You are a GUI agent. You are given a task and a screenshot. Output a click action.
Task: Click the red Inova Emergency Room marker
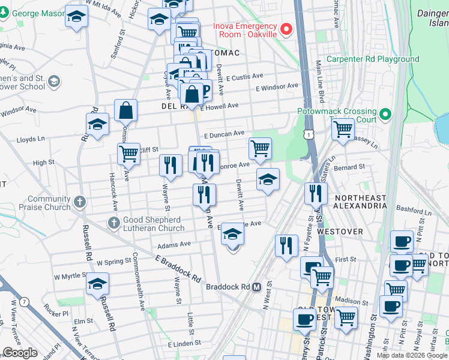pyautogui.click(x=286, y=29)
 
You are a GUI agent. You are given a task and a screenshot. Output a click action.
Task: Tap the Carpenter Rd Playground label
pyautogui.click(x=372, y=59)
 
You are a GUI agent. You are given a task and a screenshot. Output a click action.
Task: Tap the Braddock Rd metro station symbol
pyautogui.click(x=256, y=287)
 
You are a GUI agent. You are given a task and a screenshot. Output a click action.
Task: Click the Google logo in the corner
pyautogui.click(x=19, y=353)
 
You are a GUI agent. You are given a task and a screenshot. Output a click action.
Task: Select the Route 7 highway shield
pyautogui.click(x=23, y=302)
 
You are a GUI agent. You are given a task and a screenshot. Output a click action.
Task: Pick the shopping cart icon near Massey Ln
pyautogui.click(x=343, y=129)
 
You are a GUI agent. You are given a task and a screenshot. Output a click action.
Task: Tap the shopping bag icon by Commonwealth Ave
pyautogui.click(x=126, y=110)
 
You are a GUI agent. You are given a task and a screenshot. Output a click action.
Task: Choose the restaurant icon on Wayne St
pyautogui.click(x=170, y=164)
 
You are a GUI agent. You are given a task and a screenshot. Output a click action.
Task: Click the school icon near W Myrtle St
pyautogui.click(x=98, y=284)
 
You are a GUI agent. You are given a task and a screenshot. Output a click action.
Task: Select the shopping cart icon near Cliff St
pyautogui.click(x=128, y=154)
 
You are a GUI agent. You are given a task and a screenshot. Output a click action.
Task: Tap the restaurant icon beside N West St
pyautogui.click(x=286, y=245)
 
